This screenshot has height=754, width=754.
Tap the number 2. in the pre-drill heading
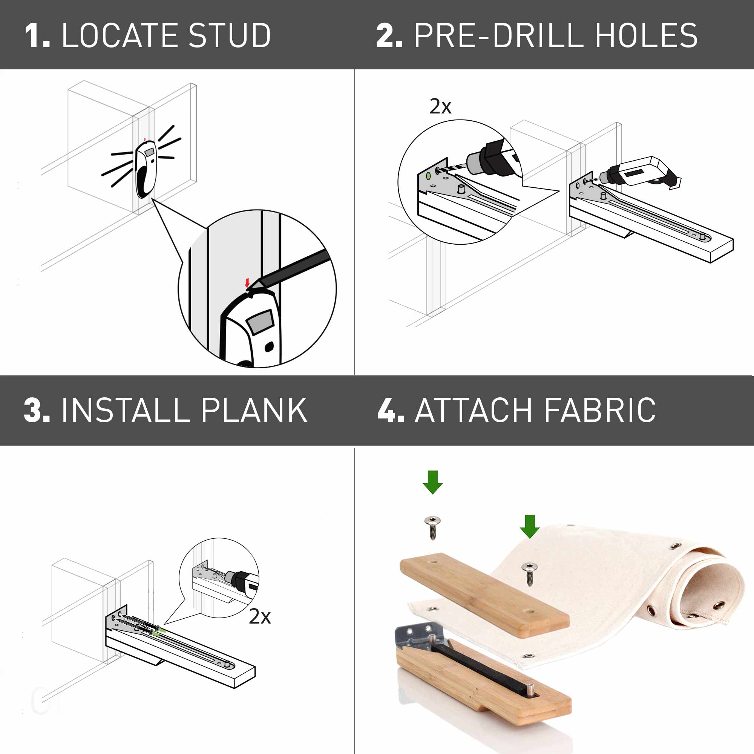click(x=389, y=35)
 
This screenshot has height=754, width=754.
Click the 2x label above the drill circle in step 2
click(x=440, y=106)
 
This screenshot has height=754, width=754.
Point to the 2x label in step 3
click(x=260, y=616)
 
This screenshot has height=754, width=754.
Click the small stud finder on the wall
click(x=146, y=170)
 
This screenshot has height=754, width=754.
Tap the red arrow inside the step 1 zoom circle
click(x=247, y=282)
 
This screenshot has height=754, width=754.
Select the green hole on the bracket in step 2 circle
click(x=429, y=176)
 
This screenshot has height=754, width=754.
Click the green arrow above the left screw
click(x=432, y=482)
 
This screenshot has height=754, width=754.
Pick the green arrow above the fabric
click(x=530, y=526)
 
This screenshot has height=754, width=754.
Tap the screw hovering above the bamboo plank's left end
click(x=432, y=527)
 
